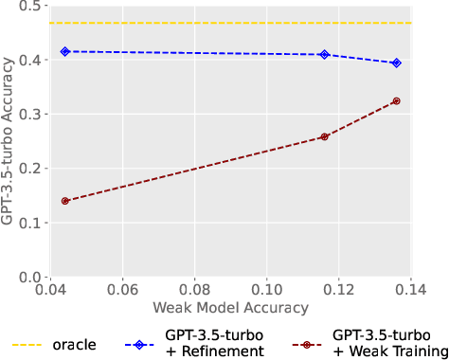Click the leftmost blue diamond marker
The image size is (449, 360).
pos(65,51)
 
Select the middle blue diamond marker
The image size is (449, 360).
pos(325,55)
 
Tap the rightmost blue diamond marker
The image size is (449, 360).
pos(396,63)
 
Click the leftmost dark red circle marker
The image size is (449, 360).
pos(65,201)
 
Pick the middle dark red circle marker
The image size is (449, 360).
pos(325,136)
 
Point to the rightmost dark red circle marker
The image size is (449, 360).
pos(396,100)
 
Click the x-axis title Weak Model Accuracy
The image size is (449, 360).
pos(233,308)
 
